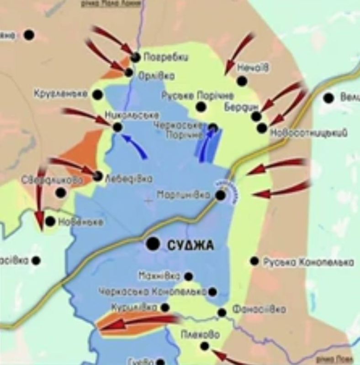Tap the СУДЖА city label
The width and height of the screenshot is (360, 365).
pyautogui.click(x=191, y=245)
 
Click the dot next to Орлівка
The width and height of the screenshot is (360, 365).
pyautogui.click(x=129, y=72)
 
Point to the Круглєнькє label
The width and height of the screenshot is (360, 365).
pyautogui.click(x=60, y=94)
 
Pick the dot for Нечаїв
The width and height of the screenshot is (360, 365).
pyautogui.click(x=242, y=81)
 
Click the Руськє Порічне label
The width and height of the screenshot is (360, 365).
pyautogui.click(x=197, y=96)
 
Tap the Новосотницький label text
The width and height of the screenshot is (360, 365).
pyautogui.click(x=308, y=133)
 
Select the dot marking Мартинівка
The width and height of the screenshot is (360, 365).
pyautogui.click(x=220, y=195)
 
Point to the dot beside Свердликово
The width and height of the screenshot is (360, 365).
pyautogui.click(x=60, y=192)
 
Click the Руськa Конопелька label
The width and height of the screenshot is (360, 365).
pyautogui.click(x=308, y=262)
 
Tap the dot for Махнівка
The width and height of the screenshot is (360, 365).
pyautogui.click(x=188, y=276)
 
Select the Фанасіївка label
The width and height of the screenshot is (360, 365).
pyautogui.click(x=259, y=310)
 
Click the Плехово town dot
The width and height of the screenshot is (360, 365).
pyautogui.click(x=204, y=346)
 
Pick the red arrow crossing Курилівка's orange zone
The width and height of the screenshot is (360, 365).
pyautogui.click(x=137, y=323)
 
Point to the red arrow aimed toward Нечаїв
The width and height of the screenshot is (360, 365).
pyautogui.click(x=240, y=52)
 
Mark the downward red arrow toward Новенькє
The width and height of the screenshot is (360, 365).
pyautogui.click(x=40, y=196)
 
